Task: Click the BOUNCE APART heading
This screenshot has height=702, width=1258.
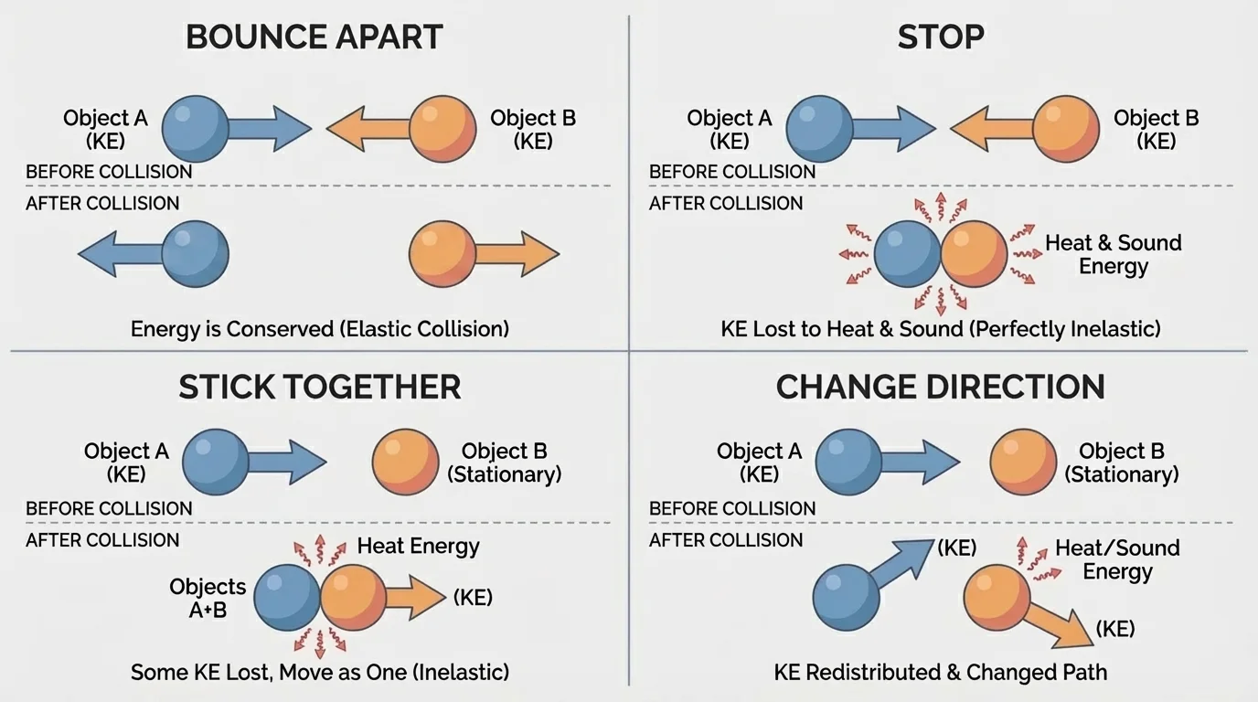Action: point(314,37)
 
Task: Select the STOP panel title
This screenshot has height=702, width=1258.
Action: point(941,37)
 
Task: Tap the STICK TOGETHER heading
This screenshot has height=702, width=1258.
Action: point(319,388)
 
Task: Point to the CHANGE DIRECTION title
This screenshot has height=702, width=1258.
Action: point(941,388)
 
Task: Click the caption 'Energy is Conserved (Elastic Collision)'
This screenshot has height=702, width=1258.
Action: point(319,328)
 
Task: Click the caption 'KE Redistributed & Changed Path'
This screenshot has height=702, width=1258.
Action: point(941,673)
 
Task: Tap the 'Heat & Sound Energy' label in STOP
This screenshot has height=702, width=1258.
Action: point(1114,255)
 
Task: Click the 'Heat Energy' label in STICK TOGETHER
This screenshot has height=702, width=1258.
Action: point(418,547)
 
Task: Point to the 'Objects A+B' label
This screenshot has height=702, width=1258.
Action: point(208,599)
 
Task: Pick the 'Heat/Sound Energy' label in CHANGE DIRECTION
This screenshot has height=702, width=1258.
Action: point(1117,559)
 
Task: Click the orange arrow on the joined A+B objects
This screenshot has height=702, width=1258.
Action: point(416,599)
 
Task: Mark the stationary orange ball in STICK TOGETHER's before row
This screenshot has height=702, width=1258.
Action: point(406,463)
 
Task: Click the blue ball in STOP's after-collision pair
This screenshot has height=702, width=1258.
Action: point(907,254)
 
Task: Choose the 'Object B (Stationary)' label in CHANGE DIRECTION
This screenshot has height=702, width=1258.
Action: point(1121,463)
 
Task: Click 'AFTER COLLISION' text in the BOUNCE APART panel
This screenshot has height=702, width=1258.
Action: point(102,203)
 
